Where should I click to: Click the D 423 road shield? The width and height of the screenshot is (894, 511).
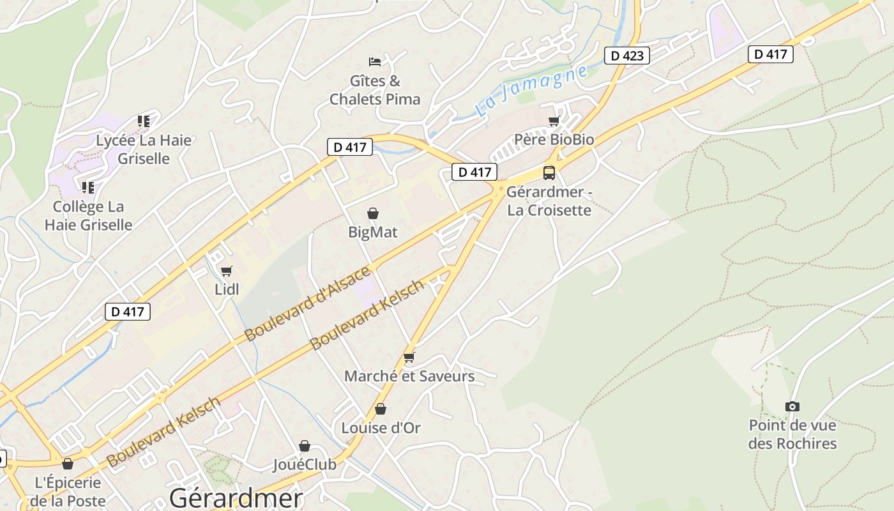pyautogui.click(x=627, y=56)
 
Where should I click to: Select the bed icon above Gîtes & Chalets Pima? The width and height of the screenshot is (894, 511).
pyautogui.click(x=375, y=62)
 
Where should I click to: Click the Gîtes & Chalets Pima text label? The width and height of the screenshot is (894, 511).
pyautogui.click(x=375, y=90)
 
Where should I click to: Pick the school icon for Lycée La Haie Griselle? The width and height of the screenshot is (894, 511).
pyautogui.click(x=144, y=121)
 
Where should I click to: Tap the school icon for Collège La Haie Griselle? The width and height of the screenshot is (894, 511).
pyautogui.click(x=88, y=187)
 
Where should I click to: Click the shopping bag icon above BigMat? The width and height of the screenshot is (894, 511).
pyautogui.click(x=373, y=213)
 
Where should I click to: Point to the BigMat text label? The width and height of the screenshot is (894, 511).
pyautogui.click(x=373, y=232)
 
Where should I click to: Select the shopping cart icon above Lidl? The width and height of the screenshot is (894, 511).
pyautogui.click(x=226, y=271)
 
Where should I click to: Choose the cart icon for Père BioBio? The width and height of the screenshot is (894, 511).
pyautogui.click(x=554, y=121)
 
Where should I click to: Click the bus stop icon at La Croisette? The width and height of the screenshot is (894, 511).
pyautogui.click(x=549, y=172)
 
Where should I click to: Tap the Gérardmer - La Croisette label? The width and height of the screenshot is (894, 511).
pyautogui.click(x=549, y=201)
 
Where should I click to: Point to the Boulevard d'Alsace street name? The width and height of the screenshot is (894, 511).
pyautogui.click(x=307, y=303)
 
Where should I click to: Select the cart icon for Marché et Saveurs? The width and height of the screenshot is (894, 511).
pyautogui.click(x=409, y=358)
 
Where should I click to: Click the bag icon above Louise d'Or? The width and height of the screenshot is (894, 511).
pyautogui.click(x=381, y=409)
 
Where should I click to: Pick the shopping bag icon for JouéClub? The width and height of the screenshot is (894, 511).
pyautogui.click(x=305, y=446)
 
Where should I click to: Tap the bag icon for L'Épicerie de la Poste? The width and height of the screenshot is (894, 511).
pyautogui.click(x=68, y=464)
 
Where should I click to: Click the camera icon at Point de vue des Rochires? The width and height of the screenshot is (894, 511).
pyautogui.click(x=792, y=406)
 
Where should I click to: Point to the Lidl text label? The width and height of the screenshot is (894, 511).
pyautogui.click(x=227, y=289)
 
